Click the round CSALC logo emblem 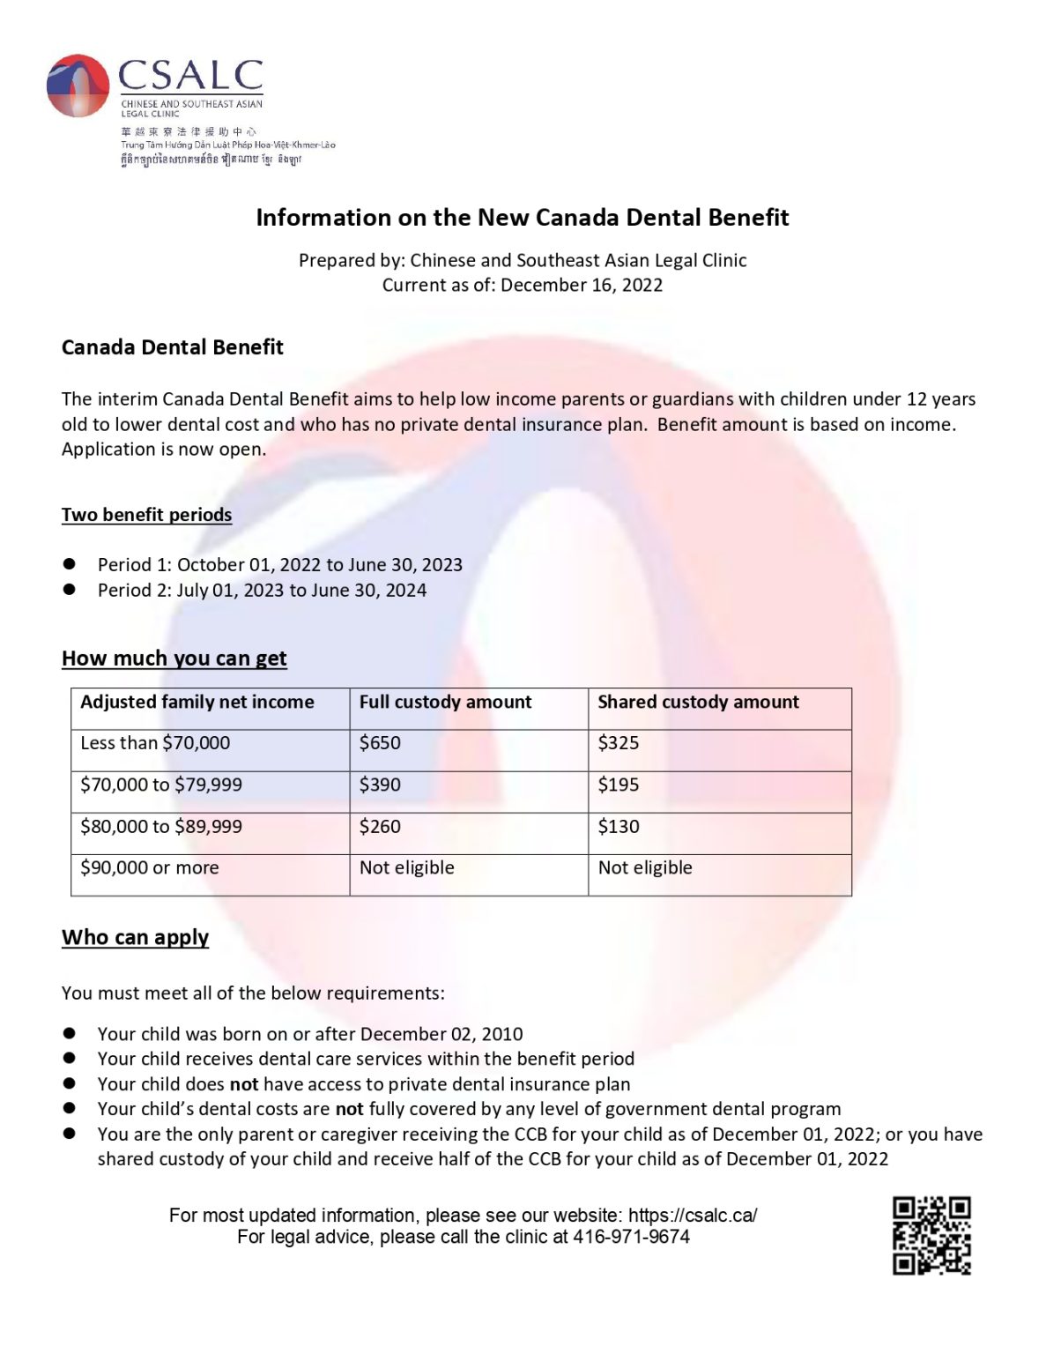tap(78, 86)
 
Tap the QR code tap(931, 1235)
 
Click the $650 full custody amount tap(380, 743)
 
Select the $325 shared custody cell tap(619, 743)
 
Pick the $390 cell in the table tap(380, 785)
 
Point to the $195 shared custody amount tap(619, 785)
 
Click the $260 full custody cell tap(380, 827)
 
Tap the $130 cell tap(619, 827)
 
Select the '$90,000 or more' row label tap(150, 867)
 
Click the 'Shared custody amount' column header tap(698, 702)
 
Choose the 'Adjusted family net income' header tap(197, 702)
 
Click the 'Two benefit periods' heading tap(146, 515)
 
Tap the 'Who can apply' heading tap(135, 937)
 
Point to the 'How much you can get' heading tap(174, 658)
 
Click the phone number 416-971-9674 tap(631, 1237)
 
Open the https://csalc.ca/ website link tap(693, 1216)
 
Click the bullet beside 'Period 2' tap(70, 590)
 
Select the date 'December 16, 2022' tap(582, 285)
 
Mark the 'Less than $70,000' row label tap(155, 743)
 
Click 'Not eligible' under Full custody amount tap(407, 867)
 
